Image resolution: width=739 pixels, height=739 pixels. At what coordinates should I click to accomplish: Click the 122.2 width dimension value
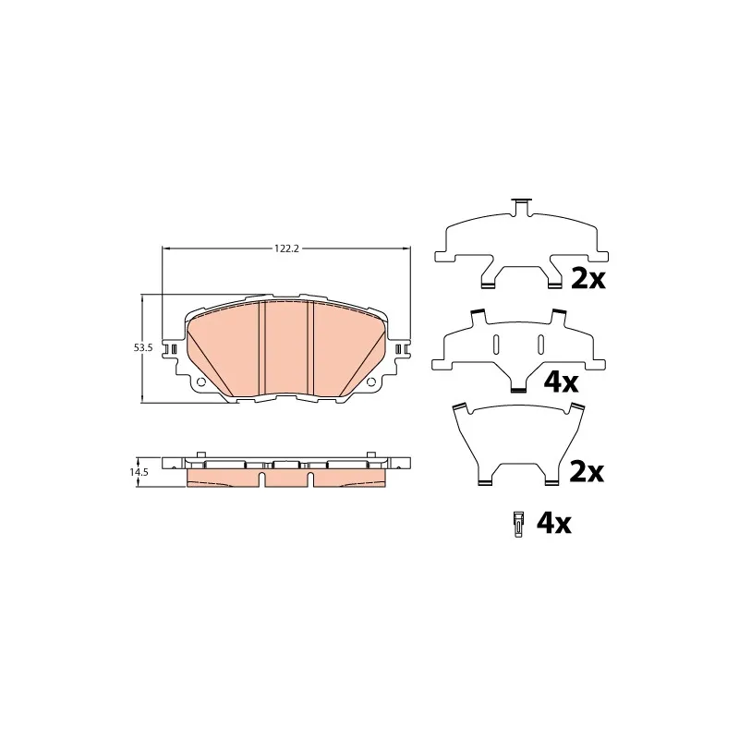coord(287,248)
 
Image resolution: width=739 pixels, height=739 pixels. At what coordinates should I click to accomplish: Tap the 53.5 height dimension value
coord(143,348)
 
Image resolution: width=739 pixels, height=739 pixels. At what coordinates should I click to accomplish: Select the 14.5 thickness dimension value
coord(139,472)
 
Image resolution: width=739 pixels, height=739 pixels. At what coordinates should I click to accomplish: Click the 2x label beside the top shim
coord(588,279)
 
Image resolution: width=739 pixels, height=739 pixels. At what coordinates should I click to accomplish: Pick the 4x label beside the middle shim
coord(561,382)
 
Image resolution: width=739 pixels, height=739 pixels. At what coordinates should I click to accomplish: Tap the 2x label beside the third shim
coord(587,472)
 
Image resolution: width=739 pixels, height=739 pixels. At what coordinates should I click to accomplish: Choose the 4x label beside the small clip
coord(553,523)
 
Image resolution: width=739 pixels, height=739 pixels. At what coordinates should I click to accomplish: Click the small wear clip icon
coord(518,524)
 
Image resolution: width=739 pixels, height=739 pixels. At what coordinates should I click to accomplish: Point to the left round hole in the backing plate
coord(200,382)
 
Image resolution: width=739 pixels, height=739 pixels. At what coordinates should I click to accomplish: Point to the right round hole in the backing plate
coord(371,382)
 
